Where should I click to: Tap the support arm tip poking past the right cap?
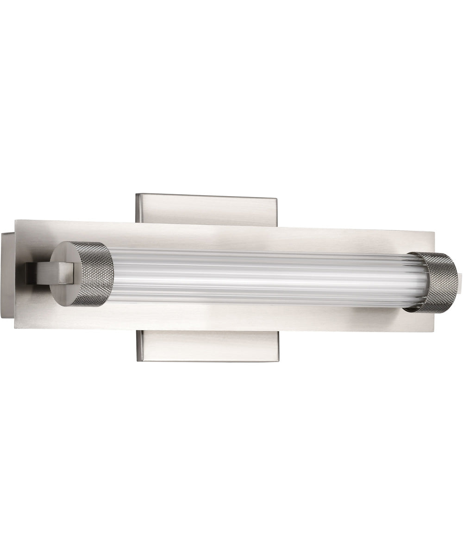click(x=460, y=283)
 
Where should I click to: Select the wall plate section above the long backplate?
click(x=206, y=210)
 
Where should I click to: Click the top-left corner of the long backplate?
click(x=16, y=221)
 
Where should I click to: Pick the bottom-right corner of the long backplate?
click(x=434, y=331)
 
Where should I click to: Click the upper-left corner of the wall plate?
click(x=137, y=195)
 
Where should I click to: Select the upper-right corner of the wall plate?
click(x=276, y=199)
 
